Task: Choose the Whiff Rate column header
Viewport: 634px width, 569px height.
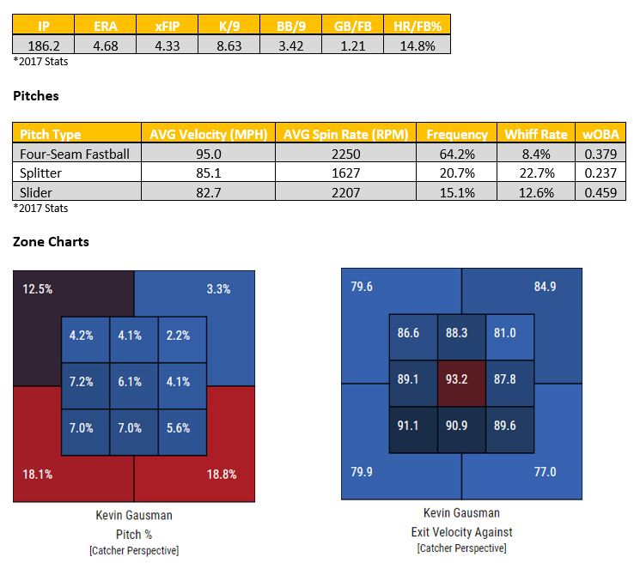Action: point(536,134)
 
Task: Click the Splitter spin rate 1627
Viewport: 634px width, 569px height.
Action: point(348,172)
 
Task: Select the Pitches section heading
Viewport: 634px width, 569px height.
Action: point(36,96)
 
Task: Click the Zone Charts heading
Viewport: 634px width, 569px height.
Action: point(51,241)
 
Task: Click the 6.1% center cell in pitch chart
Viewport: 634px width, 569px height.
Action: point(132,382)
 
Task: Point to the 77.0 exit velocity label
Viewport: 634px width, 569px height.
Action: point(545,471)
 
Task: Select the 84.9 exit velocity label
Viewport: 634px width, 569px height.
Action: point(545,286)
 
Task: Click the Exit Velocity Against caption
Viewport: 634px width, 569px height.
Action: point(461,532)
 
